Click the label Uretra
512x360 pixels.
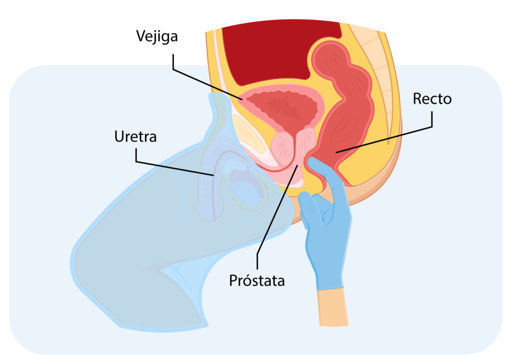pos(135,137)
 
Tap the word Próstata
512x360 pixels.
pos(257,281)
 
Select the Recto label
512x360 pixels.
pos(432,99)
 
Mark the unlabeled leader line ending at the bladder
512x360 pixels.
pos(206,82)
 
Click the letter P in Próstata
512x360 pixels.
pos(233,281)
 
